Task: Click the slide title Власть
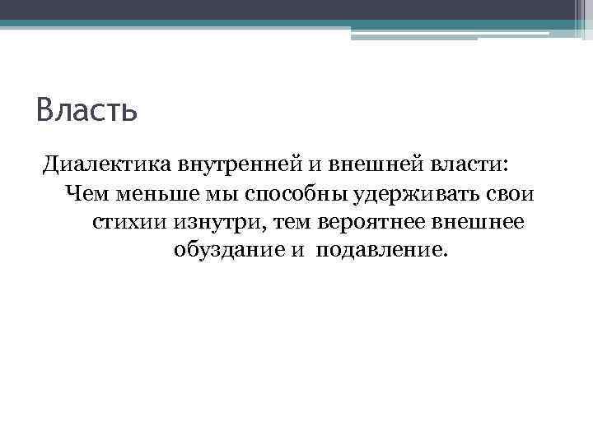[x=86, y=109]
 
